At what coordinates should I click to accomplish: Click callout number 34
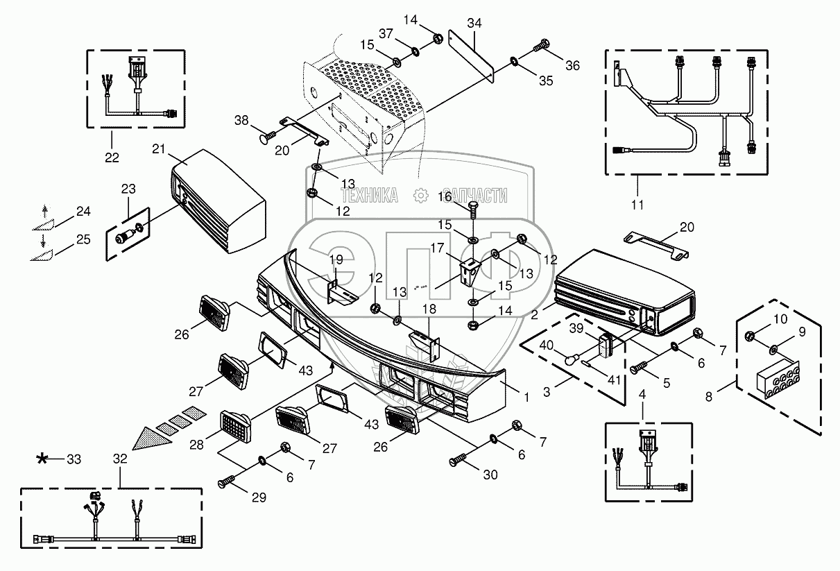[x=474, y=24]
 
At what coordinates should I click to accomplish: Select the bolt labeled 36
[x=541, y=46]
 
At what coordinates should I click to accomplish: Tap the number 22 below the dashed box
[x=112, y=157]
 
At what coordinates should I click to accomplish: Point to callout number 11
[x=637, y=205]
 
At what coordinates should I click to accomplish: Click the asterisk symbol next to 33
[x=42, y=458]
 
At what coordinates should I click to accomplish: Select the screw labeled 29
[x=227, y=481]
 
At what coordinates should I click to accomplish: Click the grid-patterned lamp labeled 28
[x=236, y=426]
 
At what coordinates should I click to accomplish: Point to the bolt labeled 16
[x=474, y=210]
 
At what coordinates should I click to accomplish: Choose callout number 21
[x=159, y=149]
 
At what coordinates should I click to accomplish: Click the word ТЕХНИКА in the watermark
[x=370, y=196]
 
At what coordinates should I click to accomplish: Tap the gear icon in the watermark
[x=421, y=196]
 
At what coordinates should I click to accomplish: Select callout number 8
[x=709, y=397]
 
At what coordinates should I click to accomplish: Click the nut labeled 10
[x=750, y=335]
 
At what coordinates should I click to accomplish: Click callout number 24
[x=83, y=211]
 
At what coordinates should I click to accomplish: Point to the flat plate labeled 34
[x=472, y=57]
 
